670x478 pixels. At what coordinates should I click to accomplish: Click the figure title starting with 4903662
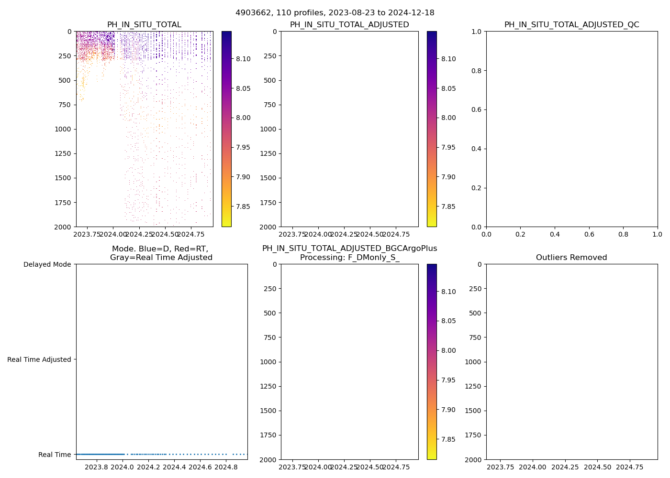pyautogui.click(x=335, y=13)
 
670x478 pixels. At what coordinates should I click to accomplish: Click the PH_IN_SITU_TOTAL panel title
pyautogui.click(x=144, y=25)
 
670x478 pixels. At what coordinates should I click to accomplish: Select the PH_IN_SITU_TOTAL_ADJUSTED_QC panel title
pyautogui.click(x=571, y=25)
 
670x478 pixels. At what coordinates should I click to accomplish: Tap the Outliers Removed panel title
pyautogui.click(x=571, y=258)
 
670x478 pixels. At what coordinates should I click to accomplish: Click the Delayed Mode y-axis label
pyautogui.click(x=47, y=264)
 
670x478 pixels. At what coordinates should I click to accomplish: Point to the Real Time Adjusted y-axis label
pyautogui.click(x=39, y=359)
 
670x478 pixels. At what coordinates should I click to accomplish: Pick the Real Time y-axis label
pyautogui.click(x=55, y=455)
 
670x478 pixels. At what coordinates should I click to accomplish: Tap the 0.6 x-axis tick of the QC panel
pyautogui.click(x=589, y=234)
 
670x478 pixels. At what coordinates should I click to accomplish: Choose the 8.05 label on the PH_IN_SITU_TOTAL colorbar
pyautogui.click(x=243, y=88)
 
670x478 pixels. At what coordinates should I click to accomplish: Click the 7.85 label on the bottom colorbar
pyautogui.click(x=448, y=439)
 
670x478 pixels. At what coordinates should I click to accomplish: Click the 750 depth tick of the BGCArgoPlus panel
pyautogui.click(x=269, y=337)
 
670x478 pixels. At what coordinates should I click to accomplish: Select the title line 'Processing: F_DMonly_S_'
pyautogui.click(x=349, y=258)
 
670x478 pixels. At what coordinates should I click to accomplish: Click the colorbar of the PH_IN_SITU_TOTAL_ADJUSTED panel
pyautogui.click(x=432, y=129)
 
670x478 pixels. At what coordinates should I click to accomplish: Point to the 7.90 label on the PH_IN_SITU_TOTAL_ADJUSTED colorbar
pyautogui.click(x=448, y=177)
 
